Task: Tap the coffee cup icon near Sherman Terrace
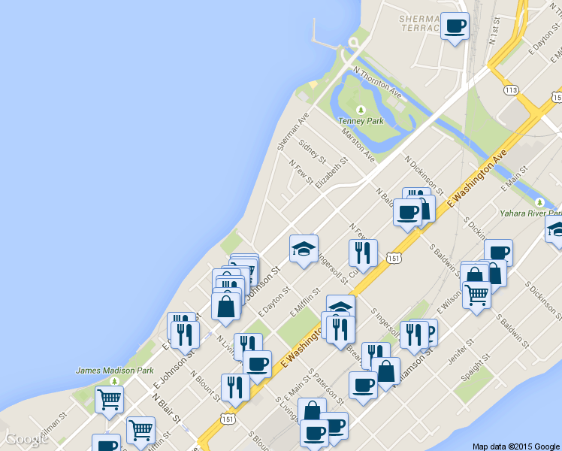(x=455, y=27)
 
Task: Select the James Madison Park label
(x=114, y=371)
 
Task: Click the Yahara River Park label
(x=530, y=213)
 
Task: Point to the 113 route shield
(x=511, y=90)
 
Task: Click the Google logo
(x=27, y=439)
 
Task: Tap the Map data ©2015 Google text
(x=516, y=446)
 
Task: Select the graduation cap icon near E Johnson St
(x=304, y=250)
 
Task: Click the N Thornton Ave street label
(x=377, y=81)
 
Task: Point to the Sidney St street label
(x=311, y=151)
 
